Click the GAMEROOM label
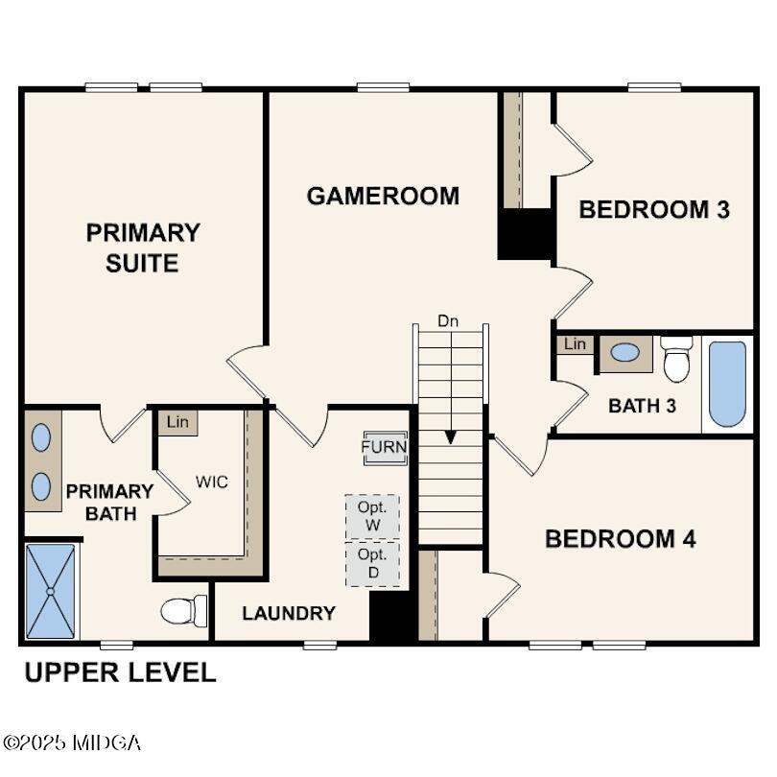point(383,196)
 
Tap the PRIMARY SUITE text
point(143,247)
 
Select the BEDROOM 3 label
point(654,209)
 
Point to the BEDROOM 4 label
point(620,538)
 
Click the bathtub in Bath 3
point(727,384)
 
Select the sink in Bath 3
point(625,352)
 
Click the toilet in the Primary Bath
point(184,610)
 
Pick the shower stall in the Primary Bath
point(50,591)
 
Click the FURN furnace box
point(385,447)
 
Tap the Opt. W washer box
point(372,517)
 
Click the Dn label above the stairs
point(448,320)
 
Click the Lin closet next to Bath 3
point(575,344)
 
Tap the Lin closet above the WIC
point(177,422)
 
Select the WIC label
point(212,482)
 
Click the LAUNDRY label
point(289,613)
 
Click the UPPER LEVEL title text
point(120,672)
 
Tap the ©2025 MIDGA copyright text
point(72,742)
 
